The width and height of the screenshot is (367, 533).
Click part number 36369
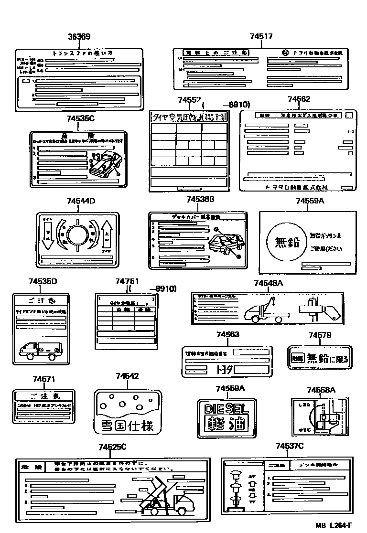coord(79,37)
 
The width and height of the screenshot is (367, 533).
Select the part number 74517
coord(261,37)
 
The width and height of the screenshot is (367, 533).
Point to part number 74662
coord(299,99)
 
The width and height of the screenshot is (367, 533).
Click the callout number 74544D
coord(81,201)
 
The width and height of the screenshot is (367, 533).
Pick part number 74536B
coord(200,199)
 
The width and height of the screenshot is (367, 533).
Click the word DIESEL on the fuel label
coord(226,409)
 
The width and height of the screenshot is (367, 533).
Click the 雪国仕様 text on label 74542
coord(127,426)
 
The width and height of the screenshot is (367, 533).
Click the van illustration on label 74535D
coord(40,351)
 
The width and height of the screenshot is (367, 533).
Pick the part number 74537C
coord(290,446)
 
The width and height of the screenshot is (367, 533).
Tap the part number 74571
coord(44,380)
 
